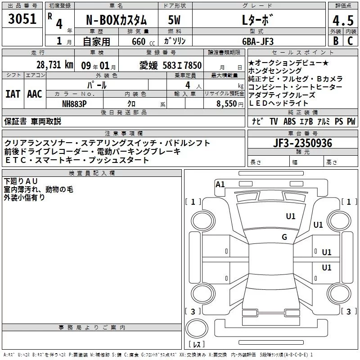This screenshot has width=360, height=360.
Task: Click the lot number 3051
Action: coord(22,18)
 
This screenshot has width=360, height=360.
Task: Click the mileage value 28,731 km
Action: coord(54,64)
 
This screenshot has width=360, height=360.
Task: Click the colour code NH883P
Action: coord(74,103)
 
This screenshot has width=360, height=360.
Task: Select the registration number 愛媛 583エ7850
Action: coord(170,65)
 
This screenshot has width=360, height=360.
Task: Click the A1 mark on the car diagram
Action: coord(220,184)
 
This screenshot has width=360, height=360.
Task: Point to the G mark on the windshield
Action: coord(284,237)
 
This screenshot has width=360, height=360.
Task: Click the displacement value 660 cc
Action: coord(139,41)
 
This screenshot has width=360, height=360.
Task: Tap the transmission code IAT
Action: coord(13,94)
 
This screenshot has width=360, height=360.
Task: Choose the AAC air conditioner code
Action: coord(34,94)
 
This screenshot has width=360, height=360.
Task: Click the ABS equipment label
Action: coord(289,121)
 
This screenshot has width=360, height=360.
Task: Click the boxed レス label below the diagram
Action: coord(196,345)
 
